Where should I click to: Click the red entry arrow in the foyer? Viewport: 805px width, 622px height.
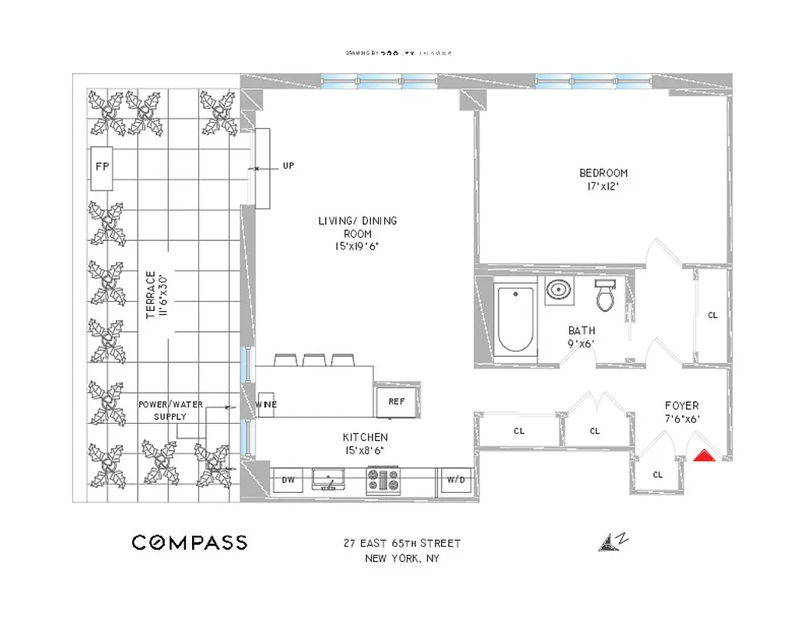704,456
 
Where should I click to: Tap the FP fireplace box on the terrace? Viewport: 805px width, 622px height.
102,167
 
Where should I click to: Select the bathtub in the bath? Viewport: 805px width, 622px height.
516,320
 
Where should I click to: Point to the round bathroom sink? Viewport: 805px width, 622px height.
558,291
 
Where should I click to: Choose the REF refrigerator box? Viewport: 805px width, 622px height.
396,401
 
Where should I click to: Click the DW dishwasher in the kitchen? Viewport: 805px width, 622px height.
287,480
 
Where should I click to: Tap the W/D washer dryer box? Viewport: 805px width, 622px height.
456,480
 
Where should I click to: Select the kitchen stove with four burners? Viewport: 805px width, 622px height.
383,479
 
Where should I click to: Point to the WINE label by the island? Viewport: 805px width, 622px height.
267,404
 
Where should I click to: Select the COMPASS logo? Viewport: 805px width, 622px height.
189,543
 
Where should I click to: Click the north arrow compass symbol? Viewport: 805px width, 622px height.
612,543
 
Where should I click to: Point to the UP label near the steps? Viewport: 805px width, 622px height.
289,166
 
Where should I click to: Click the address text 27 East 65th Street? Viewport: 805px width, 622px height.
402,543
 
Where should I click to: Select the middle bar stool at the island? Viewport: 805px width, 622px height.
313,359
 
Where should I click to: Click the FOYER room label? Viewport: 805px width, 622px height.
681,405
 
